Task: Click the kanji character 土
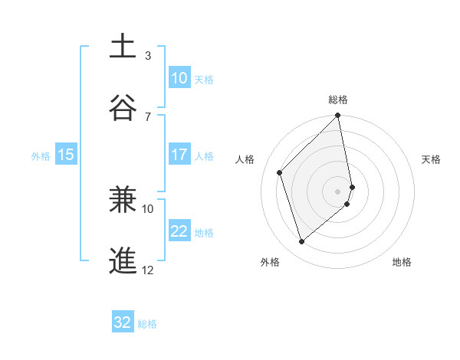click(x=123, y=46)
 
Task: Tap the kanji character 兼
click(x=123, y=198)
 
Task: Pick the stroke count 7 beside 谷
click(x=148, y=116)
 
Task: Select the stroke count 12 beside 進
click(x=148, y=270)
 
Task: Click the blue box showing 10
click(x=179, y=78)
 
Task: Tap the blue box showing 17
click(x=179, y=155)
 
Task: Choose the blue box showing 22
click(x=179, y=231)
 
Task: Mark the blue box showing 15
click(x=66, y=155)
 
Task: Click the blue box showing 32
click(x=123, y=322)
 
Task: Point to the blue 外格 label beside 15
click(x=41, y=155)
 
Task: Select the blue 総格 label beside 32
click(x=147, y=323)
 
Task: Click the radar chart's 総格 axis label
click(x=338, y=100)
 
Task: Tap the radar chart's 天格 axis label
click(x=432, y=159)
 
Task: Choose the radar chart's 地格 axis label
click(x=402, y=262)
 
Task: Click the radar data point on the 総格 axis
click(x=338, y=116)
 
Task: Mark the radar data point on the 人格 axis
click(x=280, y=172)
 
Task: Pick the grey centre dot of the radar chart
click(x=338, y=191)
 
